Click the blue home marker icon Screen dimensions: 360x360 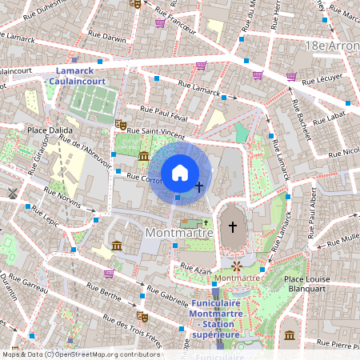tap(180, 173)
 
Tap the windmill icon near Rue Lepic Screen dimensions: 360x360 tap(12, 193)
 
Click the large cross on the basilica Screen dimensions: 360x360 tap(233, 227)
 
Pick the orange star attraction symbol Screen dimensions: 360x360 tap(237, 264)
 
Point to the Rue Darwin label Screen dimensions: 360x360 tap(109, 38)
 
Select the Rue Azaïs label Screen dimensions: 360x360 tap(195, 271)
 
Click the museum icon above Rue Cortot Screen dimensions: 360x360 tap(144, 155)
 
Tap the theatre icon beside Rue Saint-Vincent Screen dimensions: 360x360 tap(120, 125)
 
